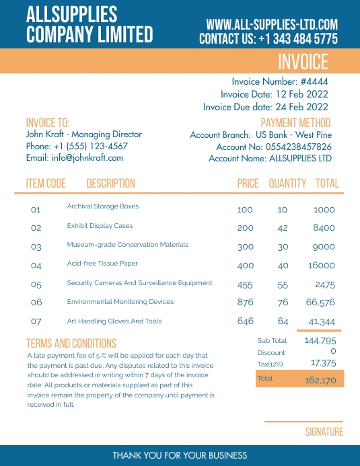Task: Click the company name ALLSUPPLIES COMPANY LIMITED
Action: pyautogui.click(x=89, y=24)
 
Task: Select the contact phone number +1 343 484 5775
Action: pyautogui.click(x=297, y=39)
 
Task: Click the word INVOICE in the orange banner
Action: pyautogui.click(x=303, y=62)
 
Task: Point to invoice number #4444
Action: pyautogui.click(x=314, y=82)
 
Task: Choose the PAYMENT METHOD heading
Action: pyautogui.click(x=295, y=123)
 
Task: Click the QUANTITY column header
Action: pyautogui.click(x=287, y=184)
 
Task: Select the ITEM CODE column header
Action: pyautogui.click(x=46, y=184)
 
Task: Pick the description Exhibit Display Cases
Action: pyautogui.click(x=100, y=226)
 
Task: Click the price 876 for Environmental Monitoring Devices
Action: pyautogui.click(x=246, y=303)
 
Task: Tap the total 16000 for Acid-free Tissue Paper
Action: pyautogui.click(x=321, y=266)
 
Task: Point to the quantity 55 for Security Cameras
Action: pyautogui.click(x=283, y=285)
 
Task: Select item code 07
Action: pyautogui.click(x=36, y=321)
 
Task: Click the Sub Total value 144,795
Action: pyautogui.click(x=320, y=341)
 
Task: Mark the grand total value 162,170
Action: pyautogui.click(x=320, y=380)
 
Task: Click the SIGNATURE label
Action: pyautogui.click(x=324, y=432)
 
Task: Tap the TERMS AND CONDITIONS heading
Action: pyautogui.click(x=71, y=344)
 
